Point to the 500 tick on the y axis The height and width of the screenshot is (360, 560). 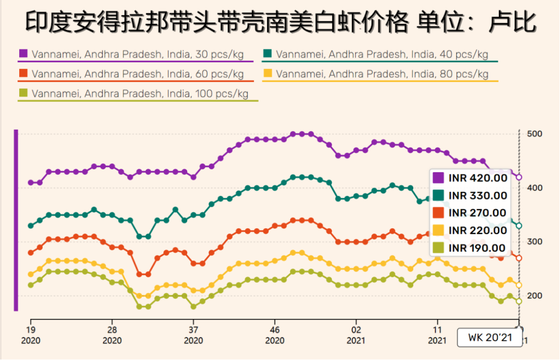pos(534,134)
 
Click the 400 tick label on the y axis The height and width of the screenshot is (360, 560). pos(534,188)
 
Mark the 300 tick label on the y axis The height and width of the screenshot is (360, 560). pos(534,242)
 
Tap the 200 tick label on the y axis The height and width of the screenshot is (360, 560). pos(534,296)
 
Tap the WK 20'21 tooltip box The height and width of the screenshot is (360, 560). pos(487,338)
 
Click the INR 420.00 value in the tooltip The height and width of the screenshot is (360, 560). pos(478,178)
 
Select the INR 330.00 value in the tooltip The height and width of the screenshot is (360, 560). pos(478,196)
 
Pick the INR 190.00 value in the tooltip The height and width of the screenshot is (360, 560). pos(478,248)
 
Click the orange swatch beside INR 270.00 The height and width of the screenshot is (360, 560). pos(439,213)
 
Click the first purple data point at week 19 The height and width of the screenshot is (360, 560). pos(31,183)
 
